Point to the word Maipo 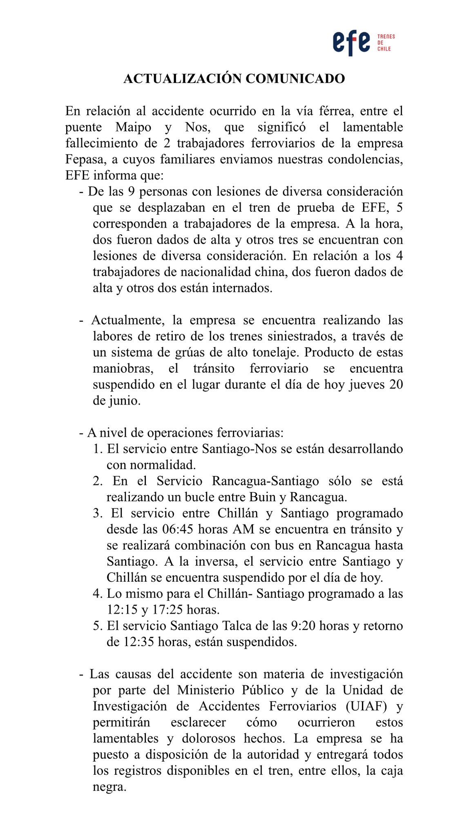(133, 127)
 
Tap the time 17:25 (167, 610)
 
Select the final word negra (109, 787)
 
